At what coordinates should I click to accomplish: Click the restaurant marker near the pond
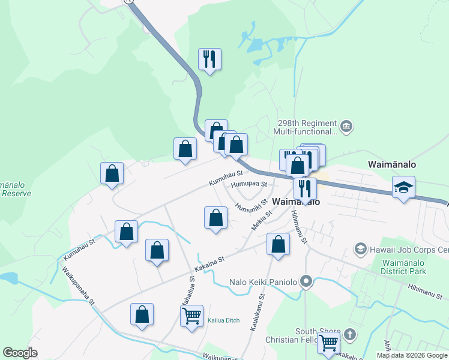click(210, 59)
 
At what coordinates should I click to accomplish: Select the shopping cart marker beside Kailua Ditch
click(191, 315)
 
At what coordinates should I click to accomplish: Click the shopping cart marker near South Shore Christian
click(328, 343)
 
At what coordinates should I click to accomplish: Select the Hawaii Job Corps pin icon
click(360, 248)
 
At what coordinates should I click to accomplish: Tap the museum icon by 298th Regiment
click(346, 127)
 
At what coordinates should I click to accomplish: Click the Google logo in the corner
click(20, 353)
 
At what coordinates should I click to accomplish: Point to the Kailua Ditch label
click(223, 320)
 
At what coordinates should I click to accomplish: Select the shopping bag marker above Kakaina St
click(277, 244)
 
